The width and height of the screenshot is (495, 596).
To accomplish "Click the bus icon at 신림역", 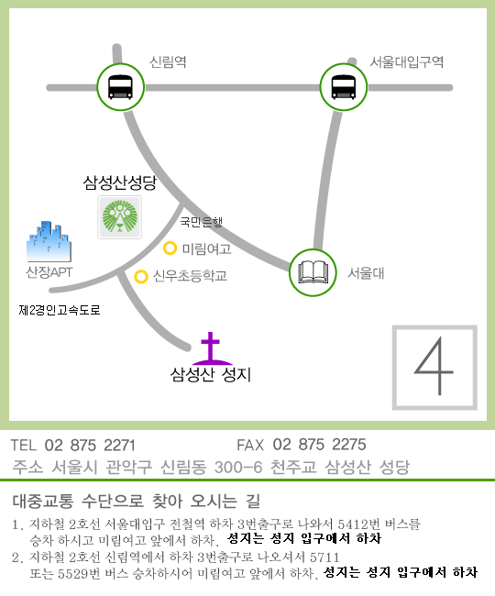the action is (120, 87).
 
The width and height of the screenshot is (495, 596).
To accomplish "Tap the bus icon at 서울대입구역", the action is (344, 87).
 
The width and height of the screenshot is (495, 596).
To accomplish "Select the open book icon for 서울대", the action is (313, 272).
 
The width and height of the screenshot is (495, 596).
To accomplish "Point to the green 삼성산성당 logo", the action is (120, 217).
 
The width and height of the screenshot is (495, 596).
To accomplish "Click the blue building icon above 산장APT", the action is (49, 241).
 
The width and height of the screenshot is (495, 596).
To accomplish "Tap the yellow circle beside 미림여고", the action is (170, 248).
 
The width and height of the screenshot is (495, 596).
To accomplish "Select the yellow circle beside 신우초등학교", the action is (141, 276).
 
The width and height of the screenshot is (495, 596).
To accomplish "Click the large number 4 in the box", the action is (434, 366).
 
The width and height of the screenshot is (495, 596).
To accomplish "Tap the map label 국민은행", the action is (201, 222).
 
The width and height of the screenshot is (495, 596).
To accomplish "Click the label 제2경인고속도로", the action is (60, 310).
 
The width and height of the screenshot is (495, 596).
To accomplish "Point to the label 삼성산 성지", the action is (211, 375).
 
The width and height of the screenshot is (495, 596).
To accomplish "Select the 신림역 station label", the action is (168, 61).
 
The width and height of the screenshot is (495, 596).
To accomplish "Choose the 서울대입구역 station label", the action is (407, 61).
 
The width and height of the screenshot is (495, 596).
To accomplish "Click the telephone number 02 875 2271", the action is (90, 445).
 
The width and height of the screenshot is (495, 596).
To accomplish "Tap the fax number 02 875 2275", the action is (320, 445).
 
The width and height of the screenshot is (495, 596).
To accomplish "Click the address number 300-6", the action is (238, 467).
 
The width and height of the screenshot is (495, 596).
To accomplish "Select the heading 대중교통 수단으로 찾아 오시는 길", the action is (137, 501).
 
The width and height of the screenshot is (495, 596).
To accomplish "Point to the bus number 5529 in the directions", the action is (73, 574).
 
